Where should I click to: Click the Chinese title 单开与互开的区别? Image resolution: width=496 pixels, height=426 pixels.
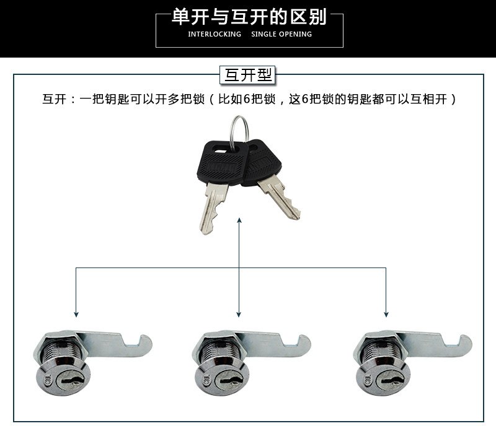point(249,17)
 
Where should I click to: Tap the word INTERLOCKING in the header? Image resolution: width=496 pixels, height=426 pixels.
point(215,34)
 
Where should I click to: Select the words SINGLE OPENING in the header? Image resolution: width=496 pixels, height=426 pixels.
point(281,34)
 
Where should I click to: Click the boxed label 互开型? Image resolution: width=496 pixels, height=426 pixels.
point(248,76)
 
